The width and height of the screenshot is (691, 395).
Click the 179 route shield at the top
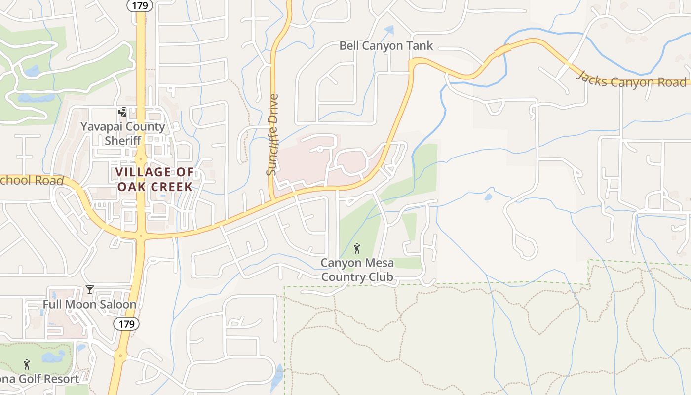(140, 5)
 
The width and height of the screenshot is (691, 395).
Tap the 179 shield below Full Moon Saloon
(126, 324)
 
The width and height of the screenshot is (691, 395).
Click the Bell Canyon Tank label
(385, 46)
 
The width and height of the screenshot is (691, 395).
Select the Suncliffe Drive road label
(272, 135)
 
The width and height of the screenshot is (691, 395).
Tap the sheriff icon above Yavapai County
(122, 113)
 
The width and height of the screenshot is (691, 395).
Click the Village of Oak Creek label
(154, 179)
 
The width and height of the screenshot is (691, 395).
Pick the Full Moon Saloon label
(89, 304)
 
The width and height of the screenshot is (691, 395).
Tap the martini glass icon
(90, 289)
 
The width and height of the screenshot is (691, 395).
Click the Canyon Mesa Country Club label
(357, 270)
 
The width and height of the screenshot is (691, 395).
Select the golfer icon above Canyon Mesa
(357, 248)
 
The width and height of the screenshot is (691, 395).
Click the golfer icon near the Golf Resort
(27, 364)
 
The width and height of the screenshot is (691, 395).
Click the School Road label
(32, 181)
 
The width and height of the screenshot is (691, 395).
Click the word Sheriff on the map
(122, 141)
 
